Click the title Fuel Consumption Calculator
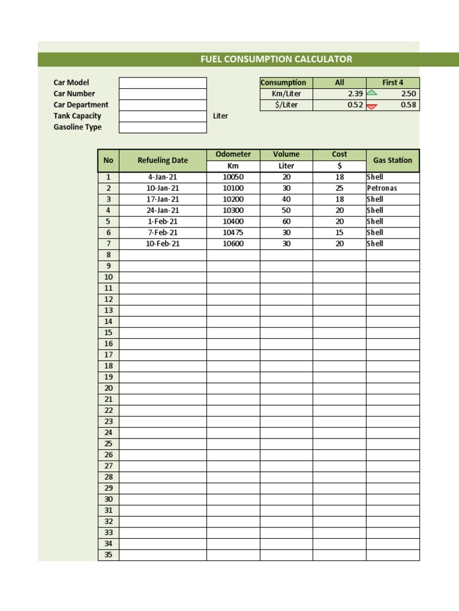pos(276,59)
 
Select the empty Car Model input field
pos(163,82)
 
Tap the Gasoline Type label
pos(78,127)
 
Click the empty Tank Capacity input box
pos(163,116)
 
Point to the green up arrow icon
pos(372,93)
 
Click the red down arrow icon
pos(372,106)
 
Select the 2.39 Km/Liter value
pos(355,94)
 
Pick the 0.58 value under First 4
pos(409,105)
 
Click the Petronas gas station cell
pos(382,188)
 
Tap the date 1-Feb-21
pos(163,221)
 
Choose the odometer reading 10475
pos(233,233)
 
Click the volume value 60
pos(286,221)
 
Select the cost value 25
pos(339,188)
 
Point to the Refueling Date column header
pos(163,160)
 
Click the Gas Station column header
pos(393,160)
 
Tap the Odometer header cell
pos(233,154)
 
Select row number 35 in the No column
pos(108,555)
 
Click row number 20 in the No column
pos(108,388)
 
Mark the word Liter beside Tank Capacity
pos(221,116)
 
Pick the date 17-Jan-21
pos(163,199)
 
